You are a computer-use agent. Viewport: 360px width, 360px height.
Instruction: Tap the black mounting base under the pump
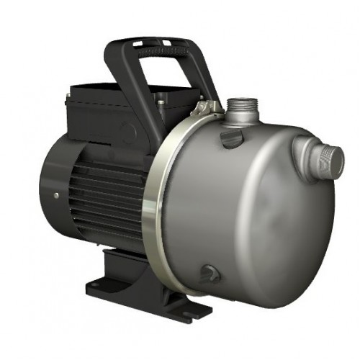pyautogui.click(x=144, y=288)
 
